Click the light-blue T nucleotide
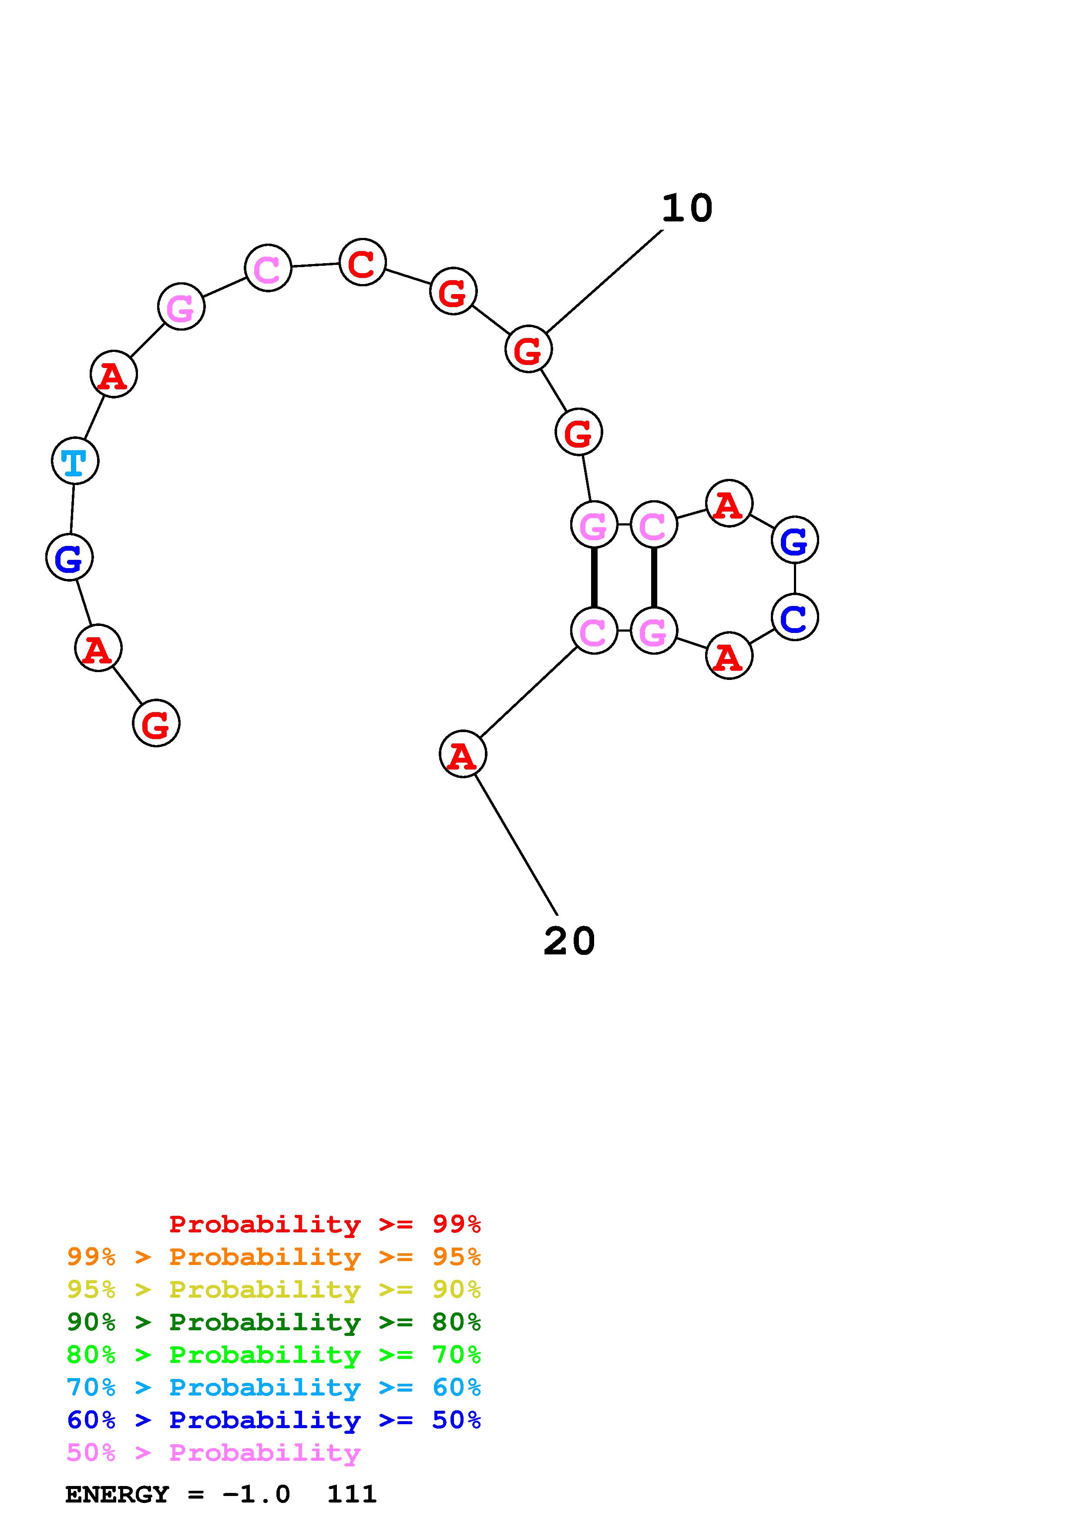tap(75, 461)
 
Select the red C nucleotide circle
tap(362, 263)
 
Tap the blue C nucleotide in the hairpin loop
tap(794, 617)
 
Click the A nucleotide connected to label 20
tap(463, 754)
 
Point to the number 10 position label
tap(687, 209)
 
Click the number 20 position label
tap(569, 941)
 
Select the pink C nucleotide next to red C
tap(268, 268)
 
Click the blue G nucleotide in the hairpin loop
tap(794, 540)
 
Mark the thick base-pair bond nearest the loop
tap(654, 577)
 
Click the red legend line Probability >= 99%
tap(324, 1224)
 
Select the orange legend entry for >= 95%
tap(273, 1257)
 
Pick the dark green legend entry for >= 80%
tap(273, 1322)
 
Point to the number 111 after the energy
tap(352, 1494)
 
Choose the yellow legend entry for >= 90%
tap(273, 1289)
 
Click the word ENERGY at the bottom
tap(117, 1494)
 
